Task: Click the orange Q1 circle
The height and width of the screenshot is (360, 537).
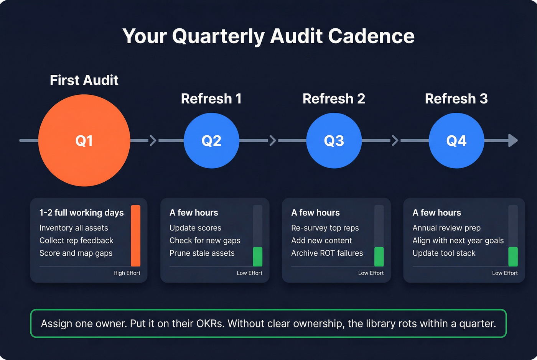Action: point(84,140)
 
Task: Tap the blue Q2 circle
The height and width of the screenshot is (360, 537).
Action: point(211,140)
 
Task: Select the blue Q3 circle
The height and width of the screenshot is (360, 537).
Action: point(334,140)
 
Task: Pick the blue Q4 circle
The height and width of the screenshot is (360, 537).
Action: point(456,140)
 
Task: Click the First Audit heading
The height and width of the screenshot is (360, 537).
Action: point(84,80)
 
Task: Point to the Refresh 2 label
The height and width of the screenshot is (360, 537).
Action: point(334,99)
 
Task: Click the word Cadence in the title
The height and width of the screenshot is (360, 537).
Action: point(371,36)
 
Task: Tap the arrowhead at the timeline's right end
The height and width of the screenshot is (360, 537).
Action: point(513,140)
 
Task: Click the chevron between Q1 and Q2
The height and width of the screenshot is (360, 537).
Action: point(153,140)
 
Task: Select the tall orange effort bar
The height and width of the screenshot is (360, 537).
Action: point(135,235)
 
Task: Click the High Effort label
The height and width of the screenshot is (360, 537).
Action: point(127,273)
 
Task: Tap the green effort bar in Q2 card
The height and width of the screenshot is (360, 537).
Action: point(257,256)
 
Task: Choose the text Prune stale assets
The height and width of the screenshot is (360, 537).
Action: point(202,253)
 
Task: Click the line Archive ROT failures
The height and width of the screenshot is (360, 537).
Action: point(327,253)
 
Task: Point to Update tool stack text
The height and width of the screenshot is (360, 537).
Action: point(444,253)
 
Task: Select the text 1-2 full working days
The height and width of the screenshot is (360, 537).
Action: point(81,213)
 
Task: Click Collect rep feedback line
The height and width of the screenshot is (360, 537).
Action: point(76,240)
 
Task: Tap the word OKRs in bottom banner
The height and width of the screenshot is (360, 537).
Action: point(210,324)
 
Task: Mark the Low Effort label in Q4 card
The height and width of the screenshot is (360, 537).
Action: point(505,273)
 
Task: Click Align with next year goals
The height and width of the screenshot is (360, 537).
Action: point(458,240)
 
